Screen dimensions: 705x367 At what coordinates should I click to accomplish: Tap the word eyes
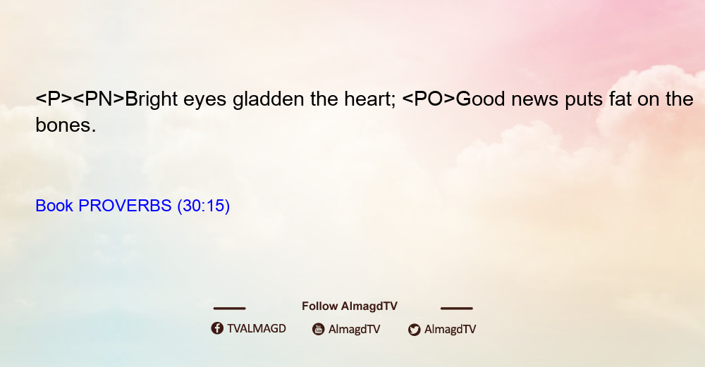click(x=204, y=101)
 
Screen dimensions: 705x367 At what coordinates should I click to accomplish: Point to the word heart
click(x=370, y=99)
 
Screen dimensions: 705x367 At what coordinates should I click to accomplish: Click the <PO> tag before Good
click(x=429, y=99)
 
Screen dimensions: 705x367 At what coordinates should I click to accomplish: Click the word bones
click(x=66, y=125)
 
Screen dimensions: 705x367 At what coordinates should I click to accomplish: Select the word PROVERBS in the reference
click(x=125, y=206)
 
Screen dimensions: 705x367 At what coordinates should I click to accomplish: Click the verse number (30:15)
click(x=204, y=206)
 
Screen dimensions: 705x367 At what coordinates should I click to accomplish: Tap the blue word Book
click(x=54, y=206)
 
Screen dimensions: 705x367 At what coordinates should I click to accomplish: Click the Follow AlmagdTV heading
click(x=350, y=306)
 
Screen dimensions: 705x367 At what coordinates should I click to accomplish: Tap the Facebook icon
click(x=217, y=328)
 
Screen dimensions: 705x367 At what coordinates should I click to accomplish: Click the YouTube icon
click(x=319, y=329)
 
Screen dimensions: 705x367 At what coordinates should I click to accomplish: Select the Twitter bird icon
click(x=414, y=330)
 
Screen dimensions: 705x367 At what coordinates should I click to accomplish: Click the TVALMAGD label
click(x=257, y=329)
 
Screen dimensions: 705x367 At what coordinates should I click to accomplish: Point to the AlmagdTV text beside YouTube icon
click(x=355, y=330)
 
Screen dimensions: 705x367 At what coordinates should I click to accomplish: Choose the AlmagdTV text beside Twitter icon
click(x=450, y=330)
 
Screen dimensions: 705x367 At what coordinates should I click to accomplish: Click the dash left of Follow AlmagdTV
click(x=229, y=309)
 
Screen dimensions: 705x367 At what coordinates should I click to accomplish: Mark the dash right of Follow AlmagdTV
click(x=457, y=309)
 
